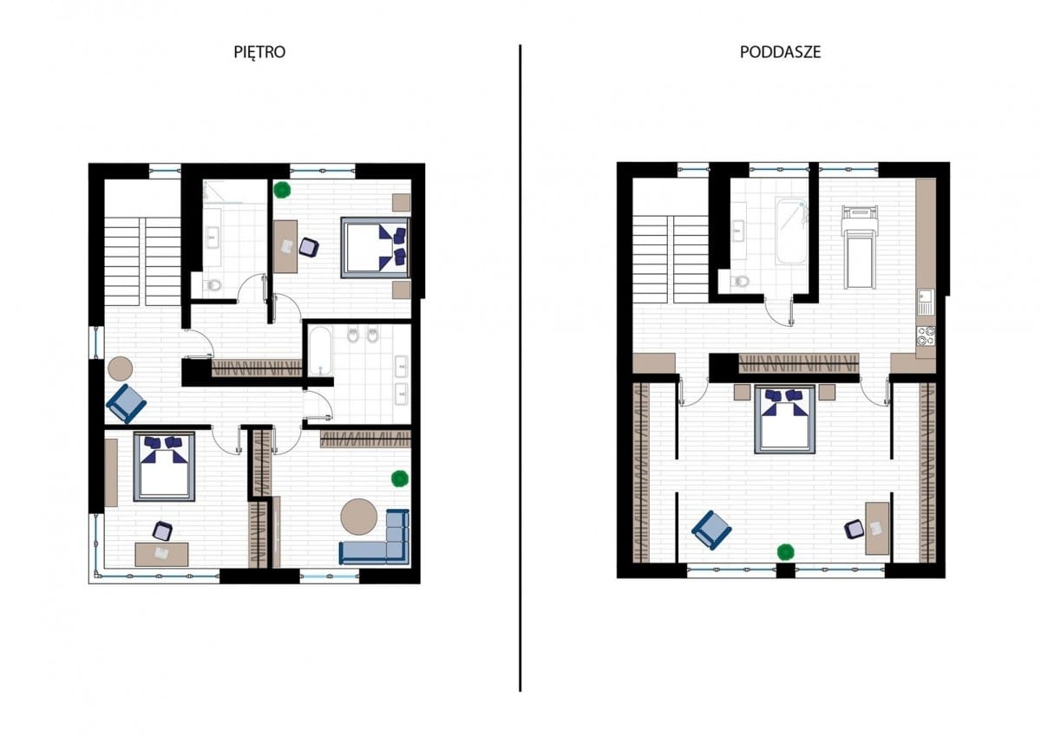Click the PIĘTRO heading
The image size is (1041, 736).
point(259,52)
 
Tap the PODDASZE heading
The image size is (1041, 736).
point(780,52)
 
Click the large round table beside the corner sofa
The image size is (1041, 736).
point(359,517)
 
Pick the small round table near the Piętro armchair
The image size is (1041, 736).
point(120,368)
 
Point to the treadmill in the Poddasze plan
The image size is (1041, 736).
point(860,247)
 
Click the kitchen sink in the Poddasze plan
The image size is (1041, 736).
point(926,301)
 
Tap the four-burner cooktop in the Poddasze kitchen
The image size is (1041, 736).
point(926,336)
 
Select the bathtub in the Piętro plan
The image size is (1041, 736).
point(320,350)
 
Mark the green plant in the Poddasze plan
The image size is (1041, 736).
point(785,551)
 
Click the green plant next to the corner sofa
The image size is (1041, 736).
point(400,479)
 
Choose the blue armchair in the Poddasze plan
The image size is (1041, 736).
point(711,531)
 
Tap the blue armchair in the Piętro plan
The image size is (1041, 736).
point(127,404)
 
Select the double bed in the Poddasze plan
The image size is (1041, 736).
point(785,420)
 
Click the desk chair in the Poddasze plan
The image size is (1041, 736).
point(854,530)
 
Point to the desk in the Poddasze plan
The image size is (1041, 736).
point(877,529)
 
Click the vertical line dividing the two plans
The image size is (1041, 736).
point(520,368)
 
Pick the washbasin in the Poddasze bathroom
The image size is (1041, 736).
point(737,231)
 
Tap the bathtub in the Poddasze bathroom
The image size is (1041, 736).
point(791,231)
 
